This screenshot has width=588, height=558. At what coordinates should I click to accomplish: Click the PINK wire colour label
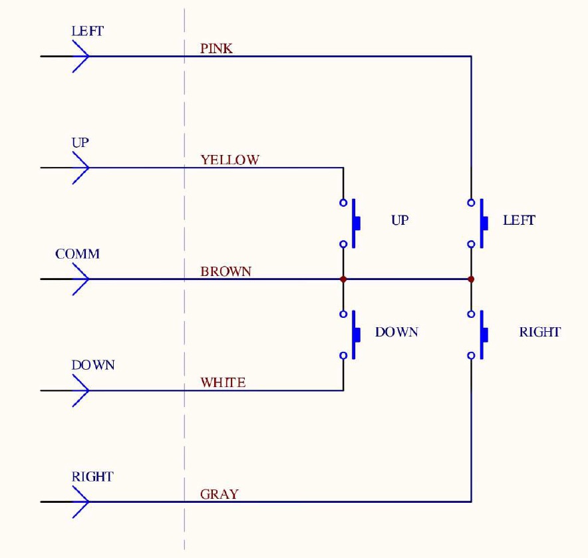pyautogui.click(x=216, y=49)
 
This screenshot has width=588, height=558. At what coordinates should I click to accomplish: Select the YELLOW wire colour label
pyautogui.click(x=229, y=160)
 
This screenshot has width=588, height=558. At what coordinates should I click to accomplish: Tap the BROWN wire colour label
pyautogui.click(x=226, y=271)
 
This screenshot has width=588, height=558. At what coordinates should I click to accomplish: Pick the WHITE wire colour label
pyautogui.click(x=223, y=382)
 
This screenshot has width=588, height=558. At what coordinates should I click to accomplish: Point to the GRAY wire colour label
pyautogui.click(x=219, y=494)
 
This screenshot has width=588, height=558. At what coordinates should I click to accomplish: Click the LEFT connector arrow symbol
pyautogui.click(x=80, y=56)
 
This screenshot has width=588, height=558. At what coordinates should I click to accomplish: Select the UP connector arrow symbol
pyautogui.click(x=80, y=168)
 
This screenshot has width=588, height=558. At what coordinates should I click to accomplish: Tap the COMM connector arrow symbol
pyautogui.click(x=80, y=279)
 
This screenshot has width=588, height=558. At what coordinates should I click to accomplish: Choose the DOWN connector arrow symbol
pyautogui.click(x=80, y=390)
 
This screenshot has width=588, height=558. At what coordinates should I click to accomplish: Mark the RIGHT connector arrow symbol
pyautogui.click(x=80, y=501)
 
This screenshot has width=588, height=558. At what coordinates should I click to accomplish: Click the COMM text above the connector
pyautogui.click(x=77, y=254)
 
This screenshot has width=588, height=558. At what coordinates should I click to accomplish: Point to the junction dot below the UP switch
pyautogui.click(x=343, y=279)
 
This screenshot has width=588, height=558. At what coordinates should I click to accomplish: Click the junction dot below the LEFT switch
pyautogui.click(x=471, y=279)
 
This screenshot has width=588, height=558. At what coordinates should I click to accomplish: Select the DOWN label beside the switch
pyautogui.click(x=396, y=332)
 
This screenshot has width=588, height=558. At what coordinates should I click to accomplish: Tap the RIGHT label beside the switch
pyautogui.click(x=539, y=332)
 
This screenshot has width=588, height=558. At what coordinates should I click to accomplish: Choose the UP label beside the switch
pyautogui.click(x=399, y=220)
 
